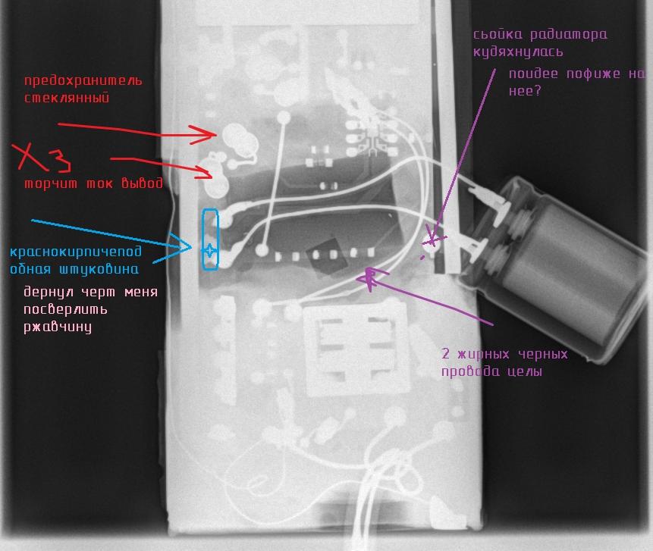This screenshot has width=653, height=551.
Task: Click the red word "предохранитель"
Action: [83, 81]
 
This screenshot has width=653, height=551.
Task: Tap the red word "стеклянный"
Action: [67, 99]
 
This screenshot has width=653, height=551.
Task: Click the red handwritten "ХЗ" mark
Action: [41, 158]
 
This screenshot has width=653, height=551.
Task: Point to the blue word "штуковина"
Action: [99, 269]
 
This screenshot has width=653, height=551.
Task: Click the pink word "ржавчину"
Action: [58, 327]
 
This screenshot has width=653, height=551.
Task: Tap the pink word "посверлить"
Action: [65, 310]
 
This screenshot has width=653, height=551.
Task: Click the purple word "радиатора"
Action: [569, 35]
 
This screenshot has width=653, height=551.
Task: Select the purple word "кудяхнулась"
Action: [518, 52]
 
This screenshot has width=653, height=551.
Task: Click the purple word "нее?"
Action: [525, 91]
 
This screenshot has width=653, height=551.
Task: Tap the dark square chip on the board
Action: [328, 256]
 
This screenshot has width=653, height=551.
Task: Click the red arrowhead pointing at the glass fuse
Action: [204, 134]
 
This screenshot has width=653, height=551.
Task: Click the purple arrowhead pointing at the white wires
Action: [371, 277]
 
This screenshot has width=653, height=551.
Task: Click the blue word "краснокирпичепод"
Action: [75, 252]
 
